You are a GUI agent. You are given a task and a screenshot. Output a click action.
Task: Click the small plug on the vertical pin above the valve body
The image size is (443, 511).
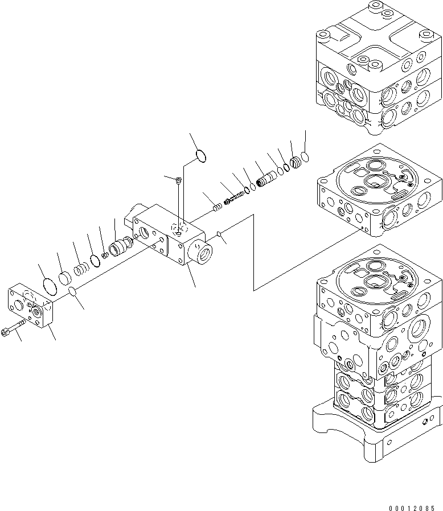[x=179, y=180]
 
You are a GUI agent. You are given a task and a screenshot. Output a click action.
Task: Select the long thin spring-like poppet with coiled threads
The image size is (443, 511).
[x=235, y=197]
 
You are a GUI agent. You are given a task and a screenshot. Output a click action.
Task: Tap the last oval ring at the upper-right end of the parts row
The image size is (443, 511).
[x=306, y=155]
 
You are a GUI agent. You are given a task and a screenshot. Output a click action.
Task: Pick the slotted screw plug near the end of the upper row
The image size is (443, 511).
[x=296, y=163]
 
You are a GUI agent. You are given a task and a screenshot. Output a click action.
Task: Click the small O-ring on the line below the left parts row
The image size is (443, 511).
[x=72, y=292]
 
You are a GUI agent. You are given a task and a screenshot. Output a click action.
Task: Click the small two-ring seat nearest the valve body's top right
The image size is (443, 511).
[x=217, y=207]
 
